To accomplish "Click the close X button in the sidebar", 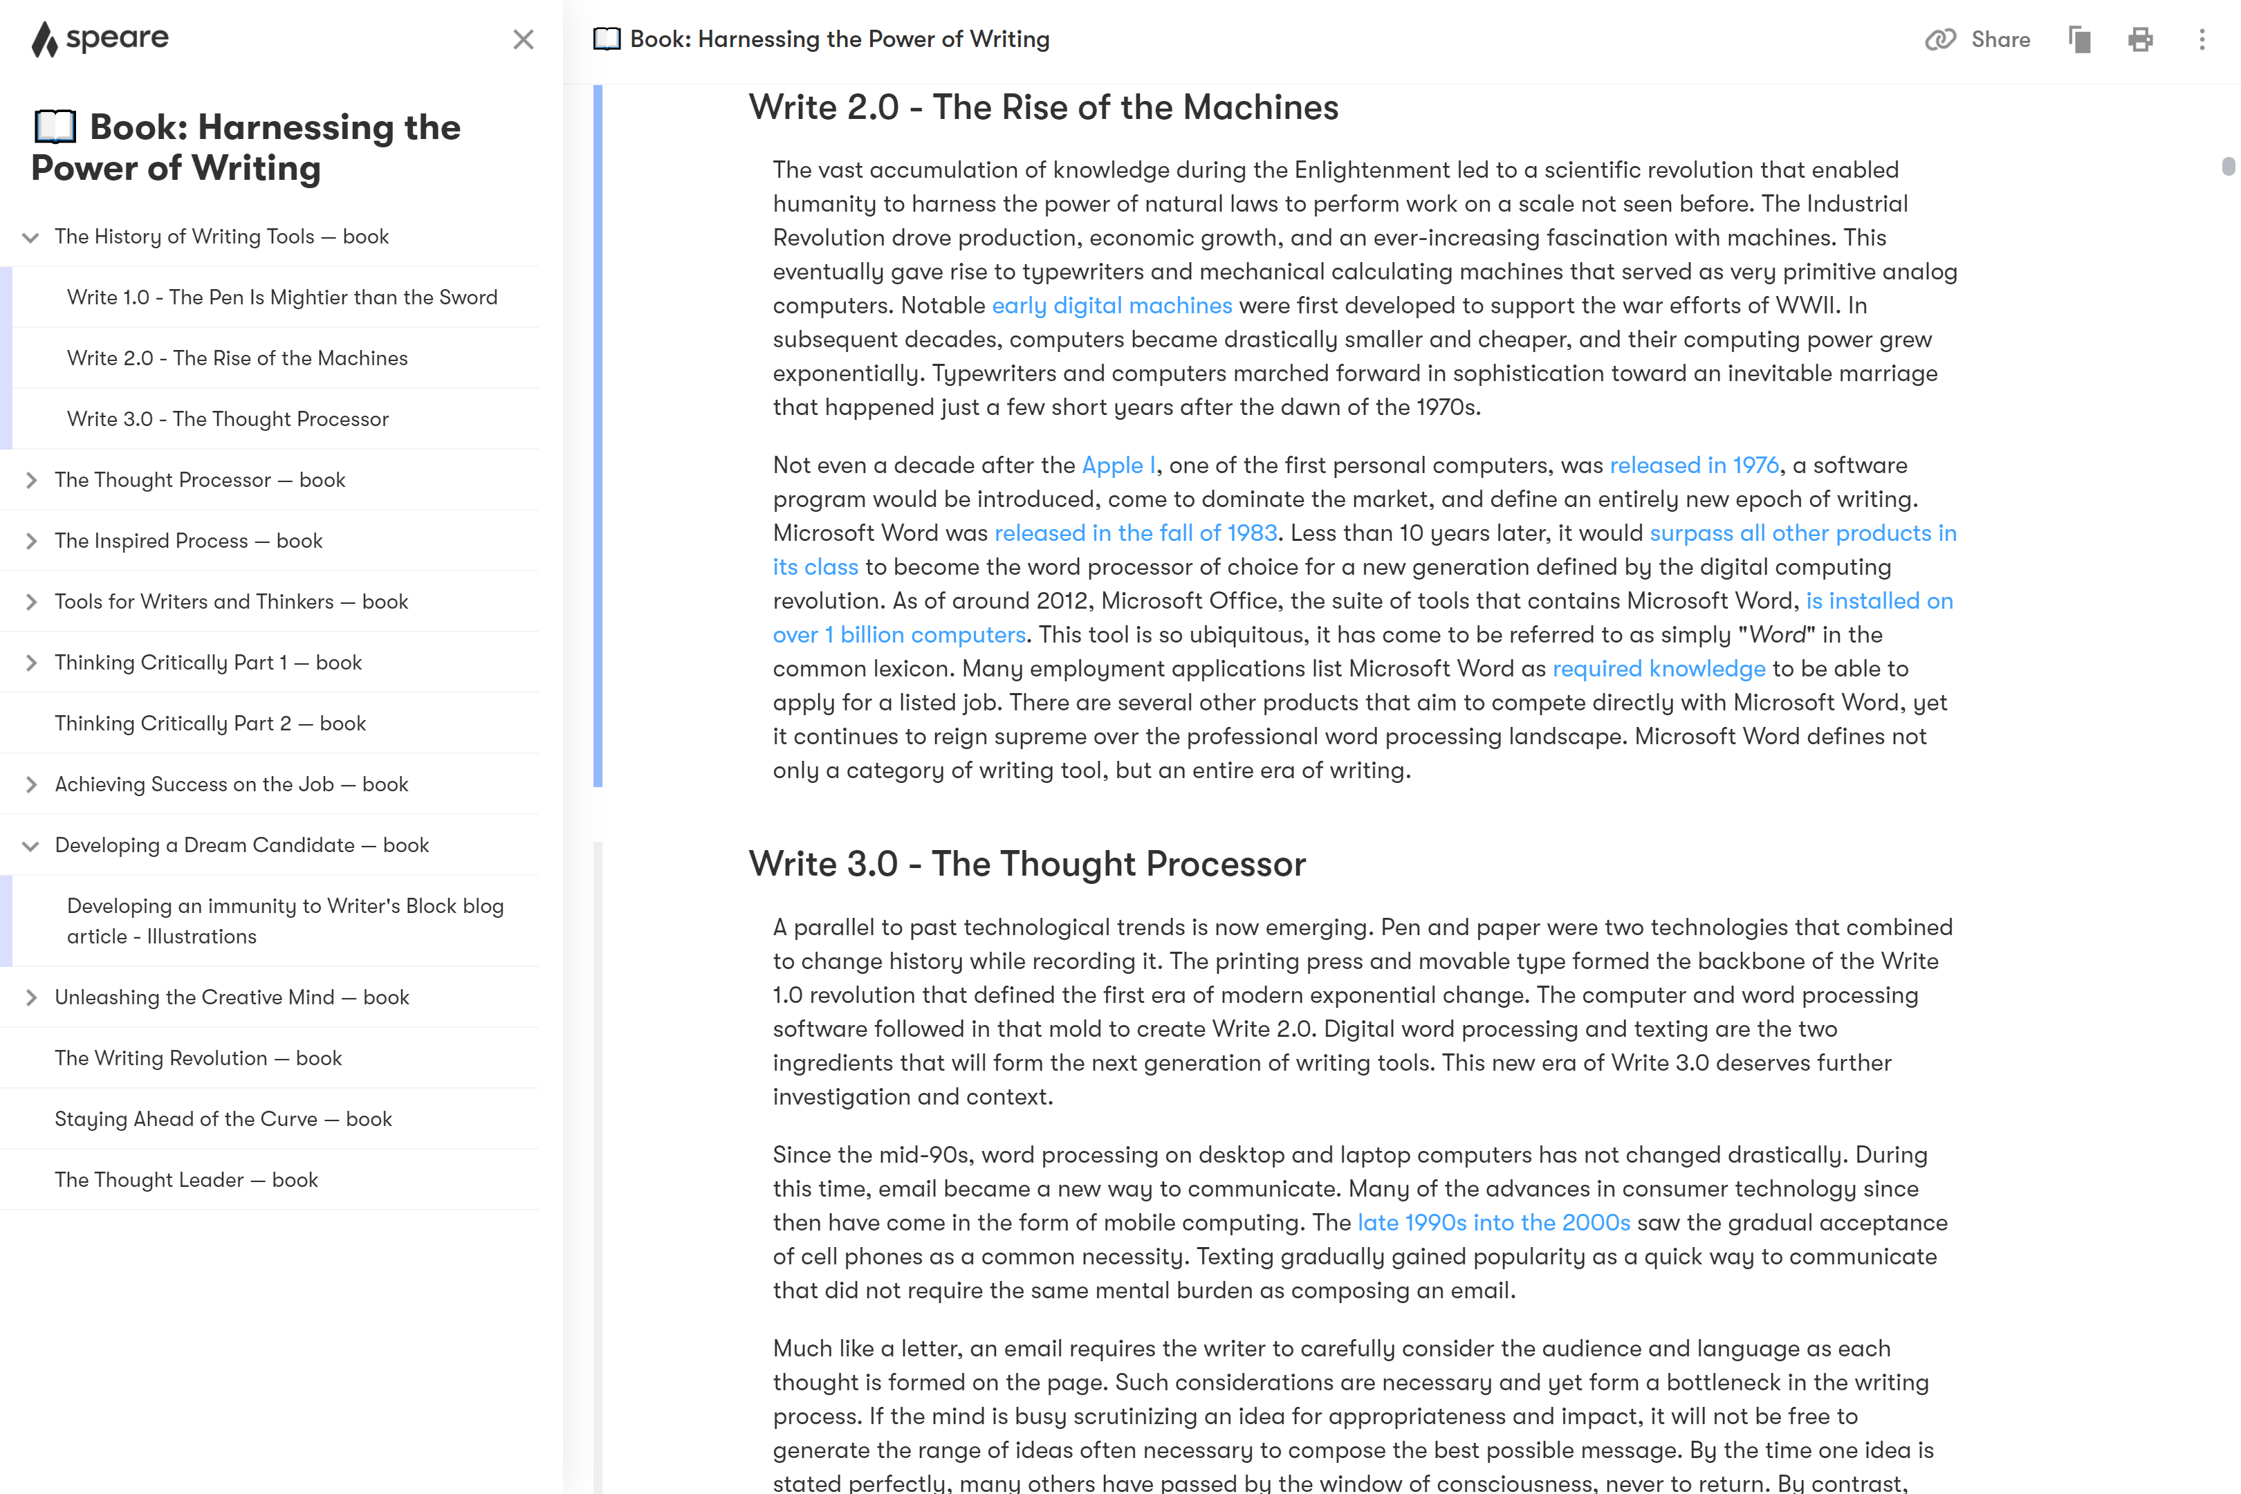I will click(523, 40).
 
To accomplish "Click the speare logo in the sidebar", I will click(100, 39).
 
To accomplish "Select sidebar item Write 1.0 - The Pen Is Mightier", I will click(282, 297).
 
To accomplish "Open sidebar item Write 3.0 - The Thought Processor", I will click(228, 419).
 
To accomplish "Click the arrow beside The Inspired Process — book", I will click(31, 541).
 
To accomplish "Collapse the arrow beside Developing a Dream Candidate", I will click(31, 846).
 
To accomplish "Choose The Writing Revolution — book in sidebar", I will click(199, 1058).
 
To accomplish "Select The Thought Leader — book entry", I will click(187, 1181).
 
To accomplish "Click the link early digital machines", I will click(1112, 306).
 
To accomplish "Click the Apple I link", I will click(1118, 466).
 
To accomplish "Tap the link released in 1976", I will click(1694, 466).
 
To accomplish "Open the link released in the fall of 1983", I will click(1136, 533).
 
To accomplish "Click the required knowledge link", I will click(1659, 669).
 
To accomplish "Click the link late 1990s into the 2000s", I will click(1493, 1224).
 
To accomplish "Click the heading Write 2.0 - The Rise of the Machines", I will click(1043, 108).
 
